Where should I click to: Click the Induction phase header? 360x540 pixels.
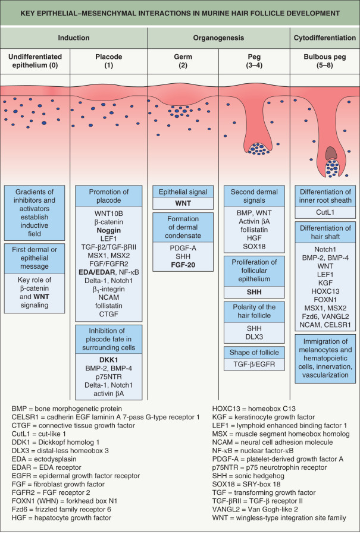pos(73,37)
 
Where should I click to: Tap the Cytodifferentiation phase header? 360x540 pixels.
pos(325,37)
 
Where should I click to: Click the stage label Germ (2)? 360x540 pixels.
pos(183,59)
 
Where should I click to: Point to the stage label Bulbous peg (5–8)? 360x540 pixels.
pos(325,59)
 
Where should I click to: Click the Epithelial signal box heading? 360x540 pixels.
pos(183,191)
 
